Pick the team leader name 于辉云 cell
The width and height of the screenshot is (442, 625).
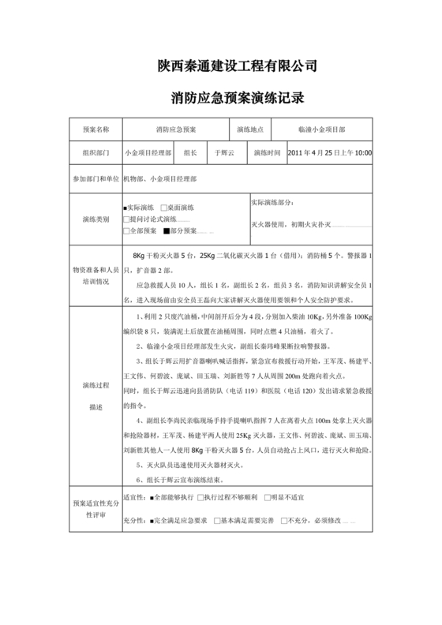[225, 152]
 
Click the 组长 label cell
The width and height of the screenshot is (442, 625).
[189, 152]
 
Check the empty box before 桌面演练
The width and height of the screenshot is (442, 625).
[163, 208]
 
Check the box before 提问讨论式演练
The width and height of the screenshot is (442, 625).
[126, 219]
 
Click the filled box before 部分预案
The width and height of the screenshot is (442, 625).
[167, 231]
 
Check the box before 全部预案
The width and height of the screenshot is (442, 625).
[126, 231]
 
